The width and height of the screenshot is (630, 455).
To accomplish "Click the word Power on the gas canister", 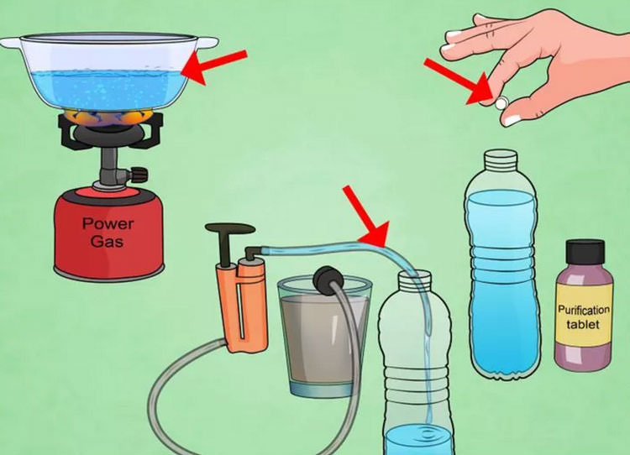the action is pyautogui.click(x=108, y=223).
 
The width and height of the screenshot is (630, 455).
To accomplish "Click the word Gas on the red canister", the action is pyautogui.click(x=107, y=242).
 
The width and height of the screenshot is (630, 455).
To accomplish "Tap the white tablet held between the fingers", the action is pyautogui.click(x=501, y=103).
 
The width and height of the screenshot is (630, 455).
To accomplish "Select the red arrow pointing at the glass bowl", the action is pyautogui.click(x=214, y=65).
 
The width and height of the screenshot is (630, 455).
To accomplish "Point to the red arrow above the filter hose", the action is pyautogui.click(x=366, y=216).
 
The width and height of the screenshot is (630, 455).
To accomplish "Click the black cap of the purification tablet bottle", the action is pyautogui.click(x=585, y=252).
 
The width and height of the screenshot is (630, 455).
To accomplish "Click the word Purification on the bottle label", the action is pyautogui.click(x=584, y=310).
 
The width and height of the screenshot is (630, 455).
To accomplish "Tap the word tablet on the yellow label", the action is pyautogui.click(x=583, y=324).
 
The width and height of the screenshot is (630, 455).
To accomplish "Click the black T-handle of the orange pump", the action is pyautogui.click(x=229, y=241).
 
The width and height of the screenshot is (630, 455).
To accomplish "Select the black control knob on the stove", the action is pyautogui.click(x=139, y=175).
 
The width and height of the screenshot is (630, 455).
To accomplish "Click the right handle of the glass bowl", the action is pyautogui.click(x=207, y=42).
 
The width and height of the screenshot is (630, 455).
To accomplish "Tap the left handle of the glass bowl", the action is pyautogui.click(x=11, y=43).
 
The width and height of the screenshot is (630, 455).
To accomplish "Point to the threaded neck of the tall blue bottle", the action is pyautogui.click(x=501, y=160).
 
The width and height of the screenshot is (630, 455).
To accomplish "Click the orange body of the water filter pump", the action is pyautogui.click(x=243, y=305).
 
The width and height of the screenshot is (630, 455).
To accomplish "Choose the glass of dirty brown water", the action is pyautogui.click(x=324, y=337).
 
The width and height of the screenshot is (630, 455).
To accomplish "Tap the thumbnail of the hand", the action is pyautogui.click(x=512, y=119).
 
